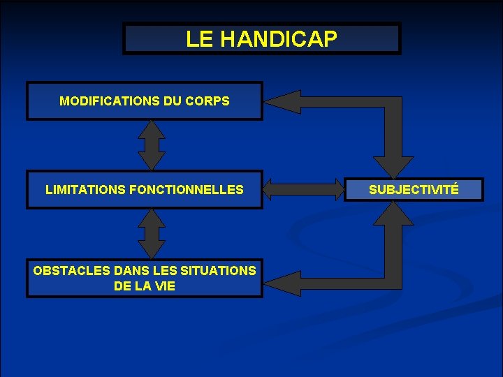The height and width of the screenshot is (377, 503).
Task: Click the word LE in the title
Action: [x=201, y=39]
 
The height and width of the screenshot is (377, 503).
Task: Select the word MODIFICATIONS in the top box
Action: [x=110, y=101]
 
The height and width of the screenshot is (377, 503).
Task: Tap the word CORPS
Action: [x=207, y=101]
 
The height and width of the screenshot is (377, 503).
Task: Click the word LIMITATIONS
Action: [x=86, y=189]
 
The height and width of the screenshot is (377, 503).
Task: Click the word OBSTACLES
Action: [x=66, y=271]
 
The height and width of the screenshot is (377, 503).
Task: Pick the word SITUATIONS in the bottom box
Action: [x=218, y=271]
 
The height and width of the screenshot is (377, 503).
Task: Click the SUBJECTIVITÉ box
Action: [x=414, y=189]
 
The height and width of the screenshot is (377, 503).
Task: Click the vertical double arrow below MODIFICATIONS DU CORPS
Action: [x=151, y=145]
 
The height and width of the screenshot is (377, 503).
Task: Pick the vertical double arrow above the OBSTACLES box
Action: [x=151, y=234]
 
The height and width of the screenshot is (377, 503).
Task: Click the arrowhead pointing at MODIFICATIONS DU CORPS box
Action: [x=279, y=102]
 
